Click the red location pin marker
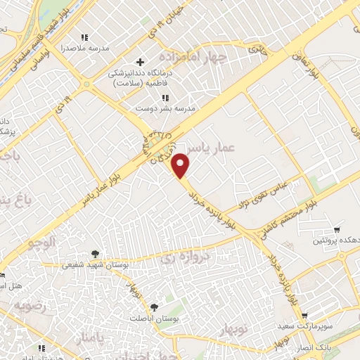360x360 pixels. tap(182, 165)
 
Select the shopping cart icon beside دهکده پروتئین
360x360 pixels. tap(337, 230)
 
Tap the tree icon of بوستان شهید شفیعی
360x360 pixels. tap(95, 255)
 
